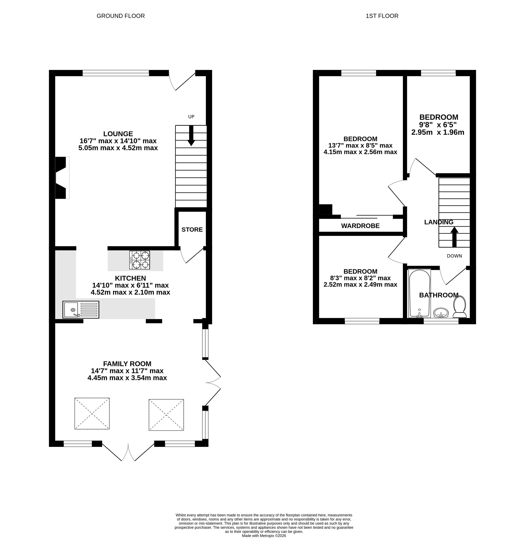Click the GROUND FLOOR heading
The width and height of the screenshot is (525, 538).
point(121,16)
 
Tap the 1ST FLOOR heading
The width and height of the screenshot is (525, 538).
point(382,16)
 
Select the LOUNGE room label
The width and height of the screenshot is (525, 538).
point(118,134)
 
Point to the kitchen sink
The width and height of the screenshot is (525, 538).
point(81,310)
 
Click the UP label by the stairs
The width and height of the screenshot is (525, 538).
point(191,117)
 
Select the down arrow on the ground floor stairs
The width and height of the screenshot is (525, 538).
point(191,136)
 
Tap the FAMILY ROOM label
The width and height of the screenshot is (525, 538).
point(127,364)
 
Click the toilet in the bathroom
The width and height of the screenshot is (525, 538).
point(459,307)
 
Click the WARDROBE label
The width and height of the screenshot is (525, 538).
point(360,226)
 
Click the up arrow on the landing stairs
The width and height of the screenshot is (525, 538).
point(454,237)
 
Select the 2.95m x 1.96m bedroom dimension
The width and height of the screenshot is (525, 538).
point(438,132)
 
